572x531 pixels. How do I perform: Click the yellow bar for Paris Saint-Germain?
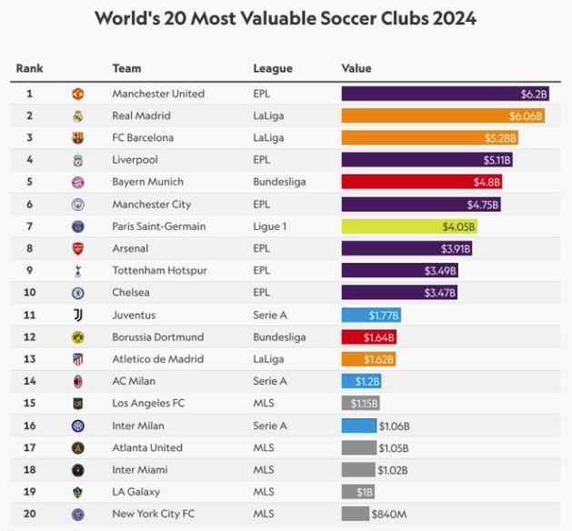pos(408,226)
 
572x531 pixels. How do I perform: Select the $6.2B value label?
pos(534,94)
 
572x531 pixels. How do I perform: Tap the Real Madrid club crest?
pos(78,116)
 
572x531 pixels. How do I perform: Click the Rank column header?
pos(29,69)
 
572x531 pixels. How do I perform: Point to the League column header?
pos(273,69)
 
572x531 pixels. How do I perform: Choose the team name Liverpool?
pos(135,160)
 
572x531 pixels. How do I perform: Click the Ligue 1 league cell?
pos(269,226)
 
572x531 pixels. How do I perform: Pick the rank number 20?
pos(29,514)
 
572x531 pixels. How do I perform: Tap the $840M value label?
pos(390,515)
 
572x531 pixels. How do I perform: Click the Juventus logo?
pos(78,315)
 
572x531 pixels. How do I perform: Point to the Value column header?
pos(356,69)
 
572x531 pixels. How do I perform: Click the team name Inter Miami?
pos(139,470)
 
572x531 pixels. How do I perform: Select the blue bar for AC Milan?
pos(361,381)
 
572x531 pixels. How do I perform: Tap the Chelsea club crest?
pos(78,293)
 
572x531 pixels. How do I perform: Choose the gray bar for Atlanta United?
pos(358,447)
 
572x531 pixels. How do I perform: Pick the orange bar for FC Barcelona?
pos(429,138)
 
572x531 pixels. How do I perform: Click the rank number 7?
pos(29,226)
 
